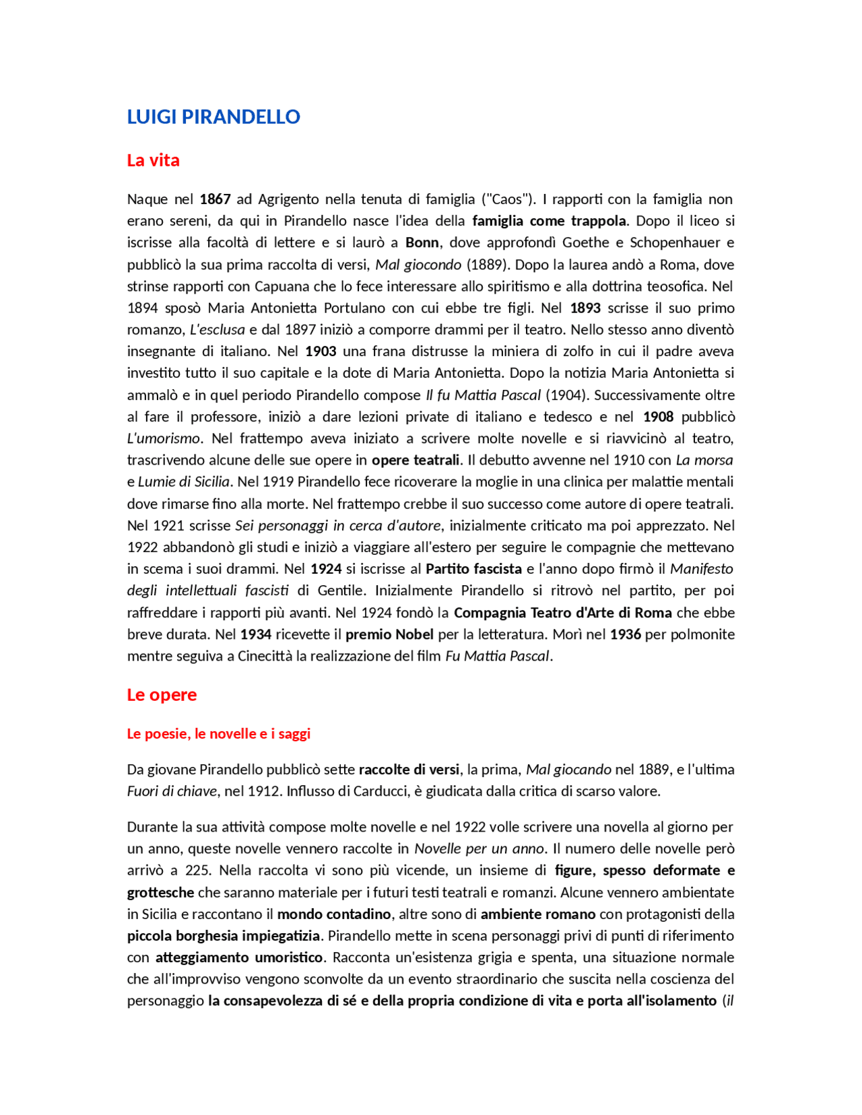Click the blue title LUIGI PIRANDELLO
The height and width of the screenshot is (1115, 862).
click(x=213, y=116)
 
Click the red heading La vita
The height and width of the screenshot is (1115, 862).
click(x=153, y=160)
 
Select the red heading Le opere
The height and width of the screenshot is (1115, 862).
click(x=162, y=694)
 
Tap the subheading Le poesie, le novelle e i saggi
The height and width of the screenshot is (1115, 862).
click(x=218, y=733)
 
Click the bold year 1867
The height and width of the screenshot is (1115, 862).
click(x=215, y=199)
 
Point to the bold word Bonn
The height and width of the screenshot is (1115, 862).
click(x=422, y=242)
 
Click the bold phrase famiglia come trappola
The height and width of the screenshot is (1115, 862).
click(x=549, y=221)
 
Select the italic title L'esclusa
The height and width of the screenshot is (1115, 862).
click(x=217, y=329)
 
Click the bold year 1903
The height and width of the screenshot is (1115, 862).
click(x=321, y=351)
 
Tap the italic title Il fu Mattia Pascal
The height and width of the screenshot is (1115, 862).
click(x=483, y=395)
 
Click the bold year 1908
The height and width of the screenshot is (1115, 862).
click(x=658, y=416)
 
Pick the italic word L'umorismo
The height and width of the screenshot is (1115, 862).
click(x=164, y=438)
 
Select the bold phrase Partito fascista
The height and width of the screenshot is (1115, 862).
click(x=473, y=568)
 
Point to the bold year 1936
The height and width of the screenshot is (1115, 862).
click(x=625, y=634)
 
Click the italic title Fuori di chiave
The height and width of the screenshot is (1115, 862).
click(x=172, y=791)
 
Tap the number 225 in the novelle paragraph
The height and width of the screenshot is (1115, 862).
click(x=197, y=870)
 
